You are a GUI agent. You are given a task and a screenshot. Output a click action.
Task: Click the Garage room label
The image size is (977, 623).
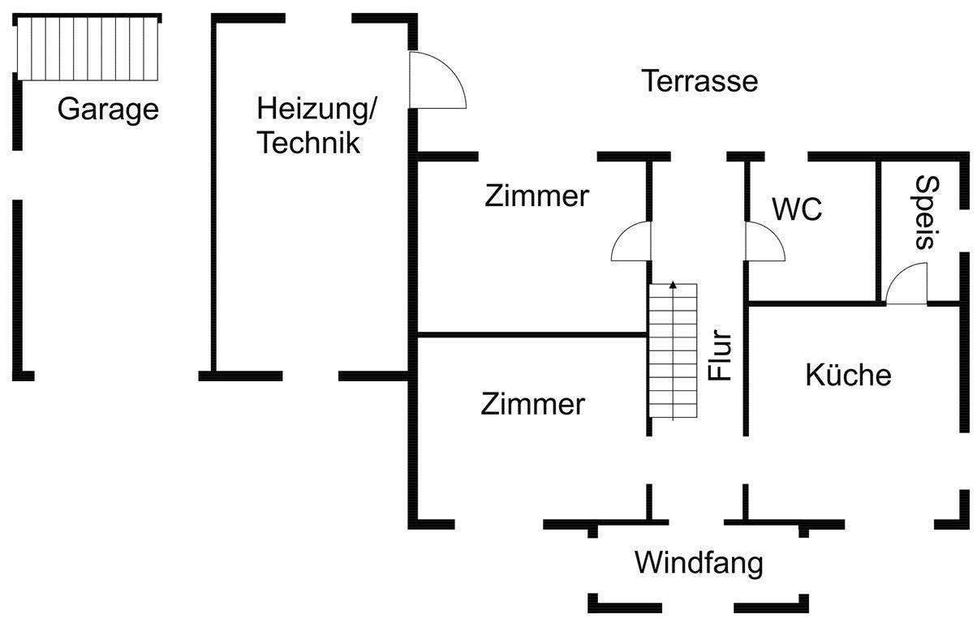point(108,110)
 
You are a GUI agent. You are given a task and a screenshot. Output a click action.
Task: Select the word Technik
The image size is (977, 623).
point(308,143)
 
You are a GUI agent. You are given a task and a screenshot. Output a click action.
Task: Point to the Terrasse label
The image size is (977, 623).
point(699,82)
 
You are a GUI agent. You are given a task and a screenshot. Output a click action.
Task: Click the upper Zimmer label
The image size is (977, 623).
point(536,196)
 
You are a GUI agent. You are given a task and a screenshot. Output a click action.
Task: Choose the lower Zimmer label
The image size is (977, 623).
point(532,404)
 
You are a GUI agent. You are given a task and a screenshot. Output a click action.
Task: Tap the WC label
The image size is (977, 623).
point(797,210)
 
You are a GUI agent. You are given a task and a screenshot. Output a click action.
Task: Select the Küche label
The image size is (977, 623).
point(848,376)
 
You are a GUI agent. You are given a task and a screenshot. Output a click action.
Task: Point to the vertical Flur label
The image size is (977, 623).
point(721,355)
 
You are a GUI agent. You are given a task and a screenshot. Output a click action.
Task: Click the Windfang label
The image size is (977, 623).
point(699,563)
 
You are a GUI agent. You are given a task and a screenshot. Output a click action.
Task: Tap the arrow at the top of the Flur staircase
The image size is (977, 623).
point(672,286)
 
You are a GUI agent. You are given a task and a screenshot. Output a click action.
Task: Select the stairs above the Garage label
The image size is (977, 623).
point(86,48)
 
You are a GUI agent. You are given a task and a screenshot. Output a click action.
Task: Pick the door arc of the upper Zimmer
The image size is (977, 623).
point(631,243)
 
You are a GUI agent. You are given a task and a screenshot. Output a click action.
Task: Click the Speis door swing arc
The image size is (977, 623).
point(906,285)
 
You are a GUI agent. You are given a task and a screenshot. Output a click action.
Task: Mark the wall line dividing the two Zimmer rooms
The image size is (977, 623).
point(532,333)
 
